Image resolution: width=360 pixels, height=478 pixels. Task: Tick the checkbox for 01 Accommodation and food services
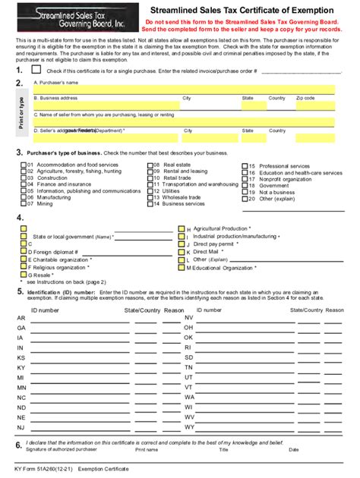pyautogui.click(x=23, y=165)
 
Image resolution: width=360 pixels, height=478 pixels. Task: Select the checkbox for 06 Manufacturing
pyautogui.click(x=23, y=197)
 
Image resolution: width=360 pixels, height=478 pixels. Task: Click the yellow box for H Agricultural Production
pyautogui.click(x=181, y=228)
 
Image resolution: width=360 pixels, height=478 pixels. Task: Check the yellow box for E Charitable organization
pyautogui.click(x=24, y=259)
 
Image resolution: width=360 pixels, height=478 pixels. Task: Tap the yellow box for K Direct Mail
pyautogui.click(x=181, y=252)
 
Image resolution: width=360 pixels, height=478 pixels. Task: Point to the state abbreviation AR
pyautogui.click(x=21, y=318)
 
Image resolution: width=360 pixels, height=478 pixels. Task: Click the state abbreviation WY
pyautogui.click(x=189, y=427)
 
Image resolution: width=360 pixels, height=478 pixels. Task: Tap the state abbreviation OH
pyautogui.click(x=189, y=328)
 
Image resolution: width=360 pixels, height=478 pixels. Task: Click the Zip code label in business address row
pyautogui.click(x=305, y=99)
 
